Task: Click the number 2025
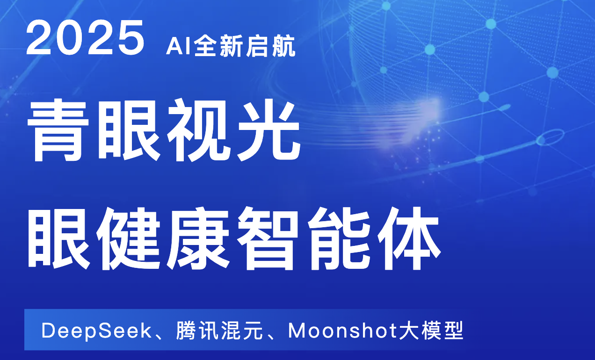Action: [x=85, y=37]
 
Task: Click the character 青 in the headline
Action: [x=58, y=130]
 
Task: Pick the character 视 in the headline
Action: [x=198, y=130]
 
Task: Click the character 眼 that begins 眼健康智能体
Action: [x=59, y=238]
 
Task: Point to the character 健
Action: [x=129, y=238]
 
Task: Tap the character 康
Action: [x=198, y=238]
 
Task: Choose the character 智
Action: [x=268, y=238]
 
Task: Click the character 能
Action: [x=339, y=238]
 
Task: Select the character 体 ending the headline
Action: [x=409, y=238]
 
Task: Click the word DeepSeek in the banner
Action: [x=96, y=331]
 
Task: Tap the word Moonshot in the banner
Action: [x=343, y=330]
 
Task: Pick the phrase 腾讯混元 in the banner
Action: [x=219, y=331]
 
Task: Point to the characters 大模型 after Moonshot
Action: [x=431, y=331]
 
